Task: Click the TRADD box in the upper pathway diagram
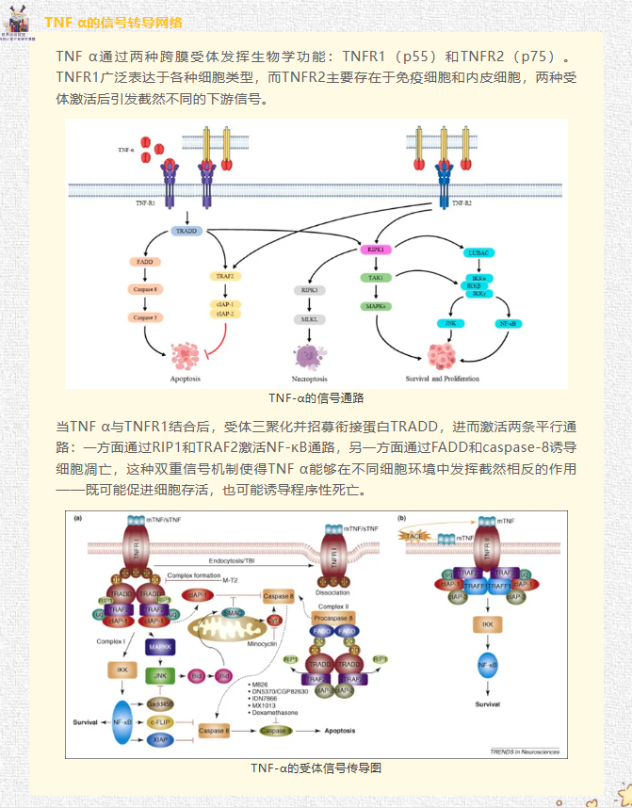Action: point(185,230)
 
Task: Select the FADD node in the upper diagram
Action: point(144,263)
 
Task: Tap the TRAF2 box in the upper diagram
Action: point(224,277)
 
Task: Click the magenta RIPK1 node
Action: point(375,250)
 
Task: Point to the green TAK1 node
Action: point(375,279)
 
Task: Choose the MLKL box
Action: point(310,320)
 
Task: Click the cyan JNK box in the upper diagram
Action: point(450,323)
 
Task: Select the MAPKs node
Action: point(375,307)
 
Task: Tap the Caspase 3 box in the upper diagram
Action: point(144,317)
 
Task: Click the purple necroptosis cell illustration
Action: point(309,355)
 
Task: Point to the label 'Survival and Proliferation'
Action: point(442,379)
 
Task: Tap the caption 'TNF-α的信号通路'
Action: point(316,398)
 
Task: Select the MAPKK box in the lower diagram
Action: point(159,647)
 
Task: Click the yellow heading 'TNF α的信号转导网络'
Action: point(113,23)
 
